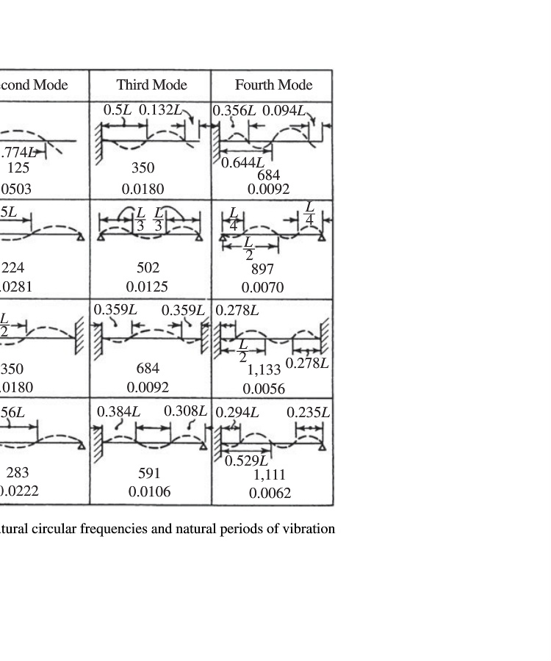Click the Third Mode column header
click(x=151, y=85)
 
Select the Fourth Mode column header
click(x=273, y=85)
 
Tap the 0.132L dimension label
click(x=160, y=110)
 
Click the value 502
click(x=148, y=268)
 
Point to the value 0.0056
click(x=264, y=389)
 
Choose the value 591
click(x=149, y=474)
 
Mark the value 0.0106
click(x=149, y=492)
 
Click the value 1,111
click(x=269, y=475)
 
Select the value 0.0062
click(x=270, y=494)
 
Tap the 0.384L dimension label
click(x=118, y=411)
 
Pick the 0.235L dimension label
click(x=308, y=413)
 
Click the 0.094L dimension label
click(x=284, y=111)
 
